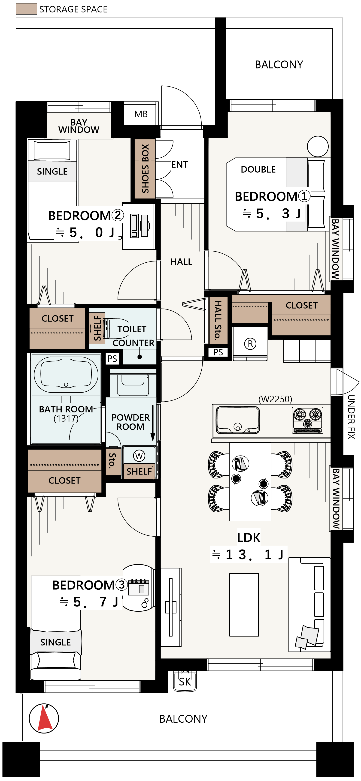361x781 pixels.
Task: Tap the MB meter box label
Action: (x=141, y=114)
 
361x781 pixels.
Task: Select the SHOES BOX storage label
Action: (x=145, y=168)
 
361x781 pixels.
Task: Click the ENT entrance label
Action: (x=180, y=165)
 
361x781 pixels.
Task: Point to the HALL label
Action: (x=181, y=262)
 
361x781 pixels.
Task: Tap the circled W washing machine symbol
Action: (x=139, y=455)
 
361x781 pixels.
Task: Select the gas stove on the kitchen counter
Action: (x=308, y=420)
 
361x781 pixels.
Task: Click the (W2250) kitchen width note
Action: (x=275, y=399)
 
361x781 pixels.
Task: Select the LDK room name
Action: (x=249, y=538)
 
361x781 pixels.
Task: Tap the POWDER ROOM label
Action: (x=130, y=422)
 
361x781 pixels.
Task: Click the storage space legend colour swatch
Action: (x=26, y=9)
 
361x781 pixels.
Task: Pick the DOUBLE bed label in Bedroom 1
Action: (x=258, y=169)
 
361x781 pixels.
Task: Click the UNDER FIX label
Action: (x=351, y=417)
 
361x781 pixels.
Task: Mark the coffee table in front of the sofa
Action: (x=244, y=604)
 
